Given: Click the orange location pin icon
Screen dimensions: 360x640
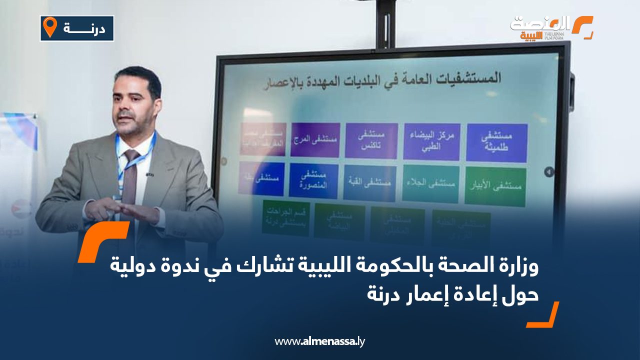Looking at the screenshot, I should (x=50, y=27).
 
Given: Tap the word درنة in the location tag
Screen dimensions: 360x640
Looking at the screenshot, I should (x=85, y=28).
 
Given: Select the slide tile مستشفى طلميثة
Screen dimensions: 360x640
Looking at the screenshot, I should (x=496, y=142).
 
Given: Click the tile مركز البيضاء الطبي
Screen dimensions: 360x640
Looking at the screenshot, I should (x=431, y=141).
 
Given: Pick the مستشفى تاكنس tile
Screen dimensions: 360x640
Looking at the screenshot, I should (x=371, y=140).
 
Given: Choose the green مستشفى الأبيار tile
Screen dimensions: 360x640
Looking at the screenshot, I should (x=495, y=186).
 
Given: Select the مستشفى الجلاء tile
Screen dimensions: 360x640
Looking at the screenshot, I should (x=430, y=183).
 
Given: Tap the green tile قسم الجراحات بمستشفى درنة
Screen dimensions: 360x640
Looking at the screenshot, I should (x=285, y=218).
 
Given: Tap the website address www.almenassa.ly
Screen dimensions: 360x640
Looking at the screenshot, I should (x=320, y=341).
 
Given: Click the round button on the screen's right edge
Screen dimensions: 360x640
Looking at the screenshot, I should (x=549, y=171).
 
